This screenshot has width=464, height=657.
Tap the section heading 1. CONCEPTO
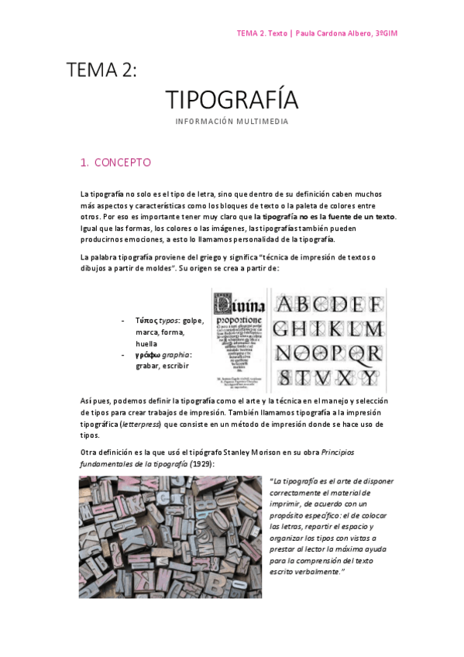[115, 163]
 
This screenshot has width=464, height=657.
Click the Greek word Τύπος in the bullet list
[147, 320]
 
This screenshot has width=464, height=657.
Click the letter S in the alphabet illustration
[286, 377]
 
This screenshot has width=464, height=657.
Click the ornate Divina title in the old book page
[239, 300]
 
